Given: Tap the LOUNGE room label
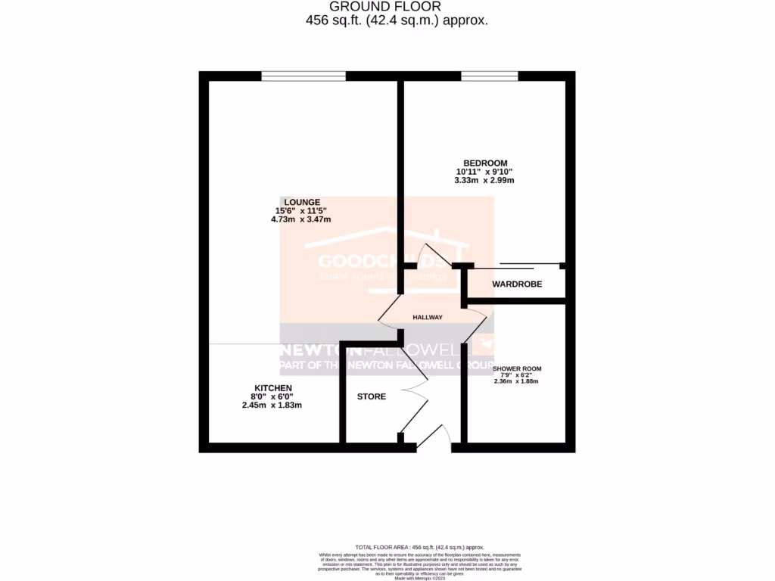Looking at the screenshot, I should click(302, 202).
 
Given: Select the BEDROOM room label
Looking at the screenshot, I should click(485, 163).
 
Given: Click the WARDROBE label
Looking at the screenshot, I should click(517, 285).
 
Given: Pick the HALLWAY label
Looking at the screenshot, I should click(428, 317).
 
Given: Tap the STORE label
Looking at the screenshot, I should click(371, 396).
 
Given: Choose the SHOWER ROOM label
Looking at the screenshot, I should click(522, 369).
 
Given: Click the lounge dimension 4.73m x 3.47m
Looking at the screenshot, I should click(301, 219).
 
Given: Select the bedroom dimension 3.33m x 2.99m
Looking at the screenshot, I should click(484, 180).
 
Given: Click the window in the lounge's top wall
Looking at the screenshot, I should click(303, 76).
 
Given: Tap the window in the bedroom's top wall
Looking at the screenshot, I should click(490, 76).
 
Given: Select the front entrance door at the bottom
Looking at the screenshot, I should click(434, 440).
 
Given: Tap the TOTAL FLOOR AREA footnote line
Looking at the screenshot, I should click(419, 547).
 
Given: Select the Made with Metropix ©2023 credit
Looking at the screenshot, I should click(419, 579).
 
